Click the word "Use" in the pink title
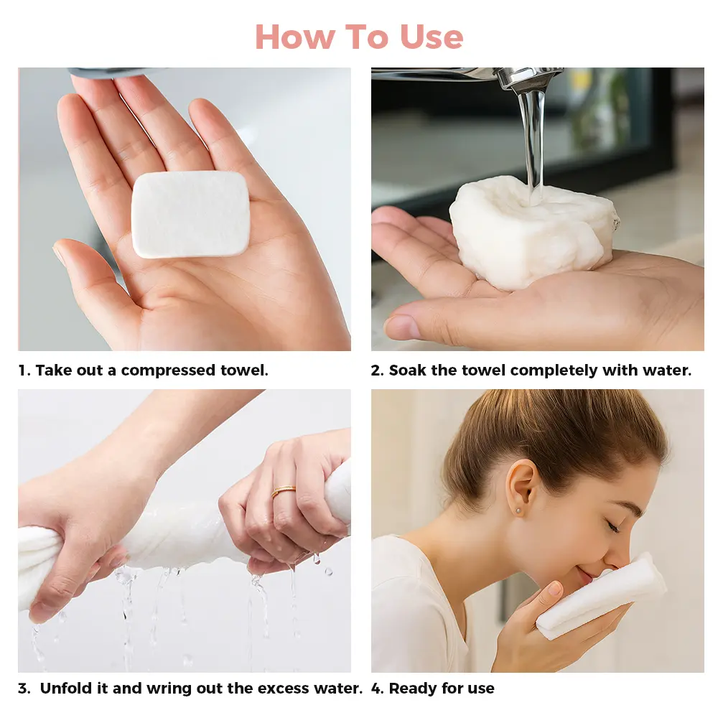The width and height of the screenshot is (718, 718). (432, 37)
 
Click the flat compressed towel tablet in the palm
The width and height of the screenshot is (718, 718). (190, 214)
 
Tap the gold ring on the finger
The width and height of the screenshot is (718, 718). (284, 492)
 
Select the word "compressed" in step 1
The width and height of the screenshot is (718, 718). (168, 370)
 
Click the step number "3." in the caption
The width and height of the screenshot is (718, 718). (24, 689)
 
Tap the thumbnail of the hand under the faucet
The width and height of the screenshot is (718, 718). (401, 326)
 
